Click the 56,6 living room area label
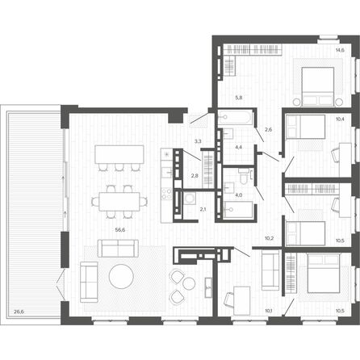[x=120, y=230]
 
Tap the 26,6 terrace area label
[x=19, y=312]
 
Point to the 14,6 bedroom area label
[x=340, y=50]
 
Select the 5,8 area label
[x=239, y=98]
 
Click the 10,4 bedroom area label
[x=340, y=119]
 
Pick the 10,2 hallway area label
[x=270, y=238]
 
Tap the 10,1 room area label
[x=269, y=311]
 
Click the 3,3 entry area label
[x=198, y=140]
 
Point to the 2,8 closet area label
[x=195, y=176]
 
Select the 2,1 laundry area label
[x=203, y=208]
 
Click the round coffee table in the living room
[x=121, y=276]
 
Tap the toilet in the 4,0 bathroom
[x=243, y=176]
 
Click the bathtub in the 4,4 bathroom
[x=235, y=117]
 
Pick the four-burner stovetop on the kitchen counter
[x=166, y=194]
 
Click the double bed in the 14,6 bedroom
[x=318, y=86]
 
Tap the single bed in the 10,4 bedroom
[x=305, y=127]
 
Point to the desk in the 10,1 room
[x=242, y=300]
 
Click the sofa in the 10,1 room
[x=270, y=270]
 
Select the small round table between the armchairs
[x=189, y=283]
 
